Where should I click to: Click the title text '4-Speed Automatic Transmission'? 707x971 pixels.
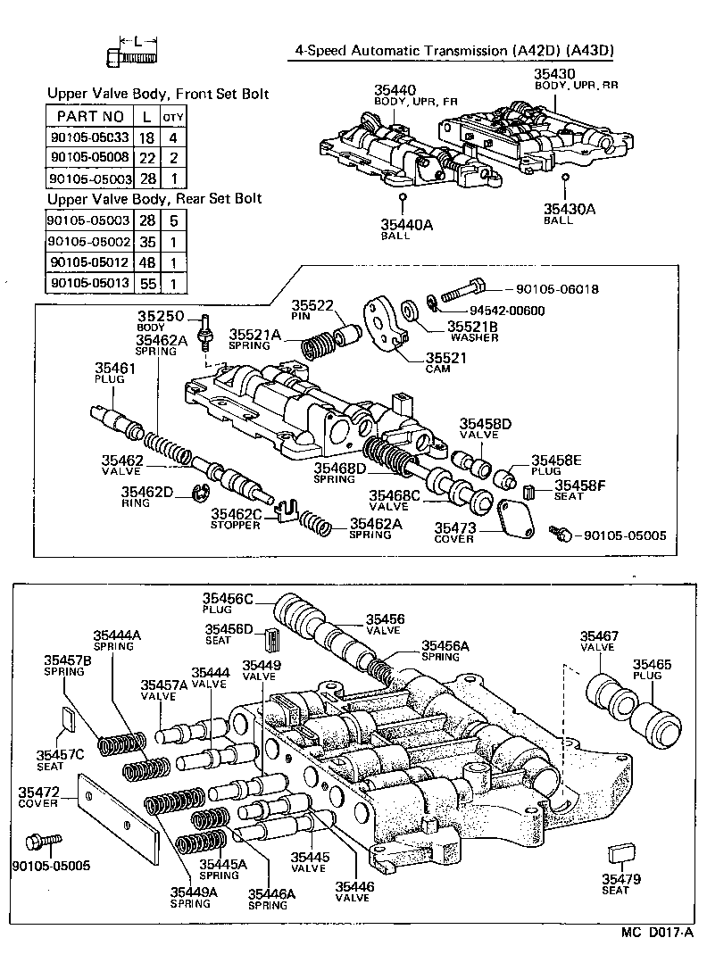point(403,51)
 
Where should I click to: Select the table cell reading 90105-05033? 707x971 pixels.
point(89,137)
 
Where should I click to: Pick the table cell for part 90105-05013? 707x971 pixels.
point(89,284)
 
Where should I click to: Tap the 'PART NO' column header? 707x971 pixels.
point(89,116)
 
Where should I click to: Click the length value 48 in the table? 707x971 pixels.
point(145,262)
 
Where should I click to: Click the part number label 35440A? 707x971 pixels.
point(408,226)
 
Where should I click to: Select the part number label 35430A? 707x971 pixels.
point(570,210)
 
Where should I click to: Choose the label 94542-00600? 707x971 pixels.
point(507,311)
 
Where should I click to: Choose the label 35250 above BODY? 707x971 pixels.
point(160,317)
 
